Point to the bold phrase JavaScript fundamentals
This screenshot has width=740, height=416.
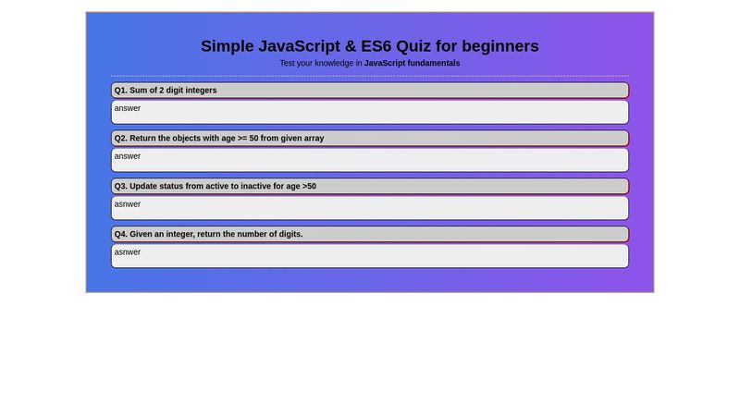point(412,63)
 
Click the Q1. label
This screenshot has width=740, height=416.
point(121,91)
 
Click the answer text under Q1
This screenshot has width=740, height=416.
point(128,108)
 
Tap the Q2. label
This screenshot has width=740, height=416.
point(121,139)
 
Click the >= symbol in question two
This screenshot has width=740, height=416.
point(242,139)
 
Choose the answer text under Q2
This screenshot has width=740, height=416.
point(128,156)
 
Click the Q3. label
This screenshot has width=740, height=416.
point(121,187)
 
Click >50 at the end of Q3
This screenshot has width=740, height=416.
point(309,187)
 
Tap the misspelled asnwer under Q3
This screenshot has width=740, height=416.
point(128,204)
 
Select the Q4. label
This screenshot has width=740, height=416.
point(121,235)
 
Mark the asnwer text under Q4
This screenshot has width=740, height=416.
point(128,252)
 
